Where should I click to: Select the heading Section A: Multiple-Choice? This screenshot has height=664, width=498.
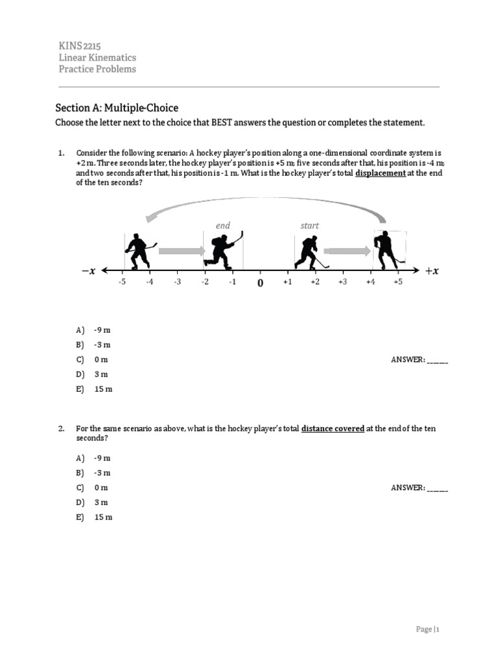coord(116,108)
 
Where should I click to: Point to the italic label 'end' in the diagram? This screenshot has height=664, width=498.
coord(223,226)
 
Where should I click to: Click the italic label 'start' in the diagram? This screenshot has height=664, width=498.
coord(309,226)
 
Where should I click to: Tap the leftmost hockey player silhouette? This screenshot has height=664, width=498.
coord(138,251)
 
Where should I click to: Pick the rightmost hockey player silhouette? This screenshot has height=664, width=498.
coord(387,250)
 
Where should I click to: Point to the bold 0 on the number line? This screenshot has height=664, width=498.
coord(260,284)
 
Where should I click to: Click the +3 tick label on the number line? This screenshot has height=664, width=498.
coord(342,283)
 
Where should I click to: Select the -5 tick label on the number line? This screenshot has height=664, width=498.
coord(121,283)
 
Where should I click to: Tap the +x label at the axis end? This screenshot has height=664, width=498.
coord(432,272)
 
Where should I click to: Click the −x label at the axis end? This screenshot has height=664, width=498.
coord(88,272)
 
